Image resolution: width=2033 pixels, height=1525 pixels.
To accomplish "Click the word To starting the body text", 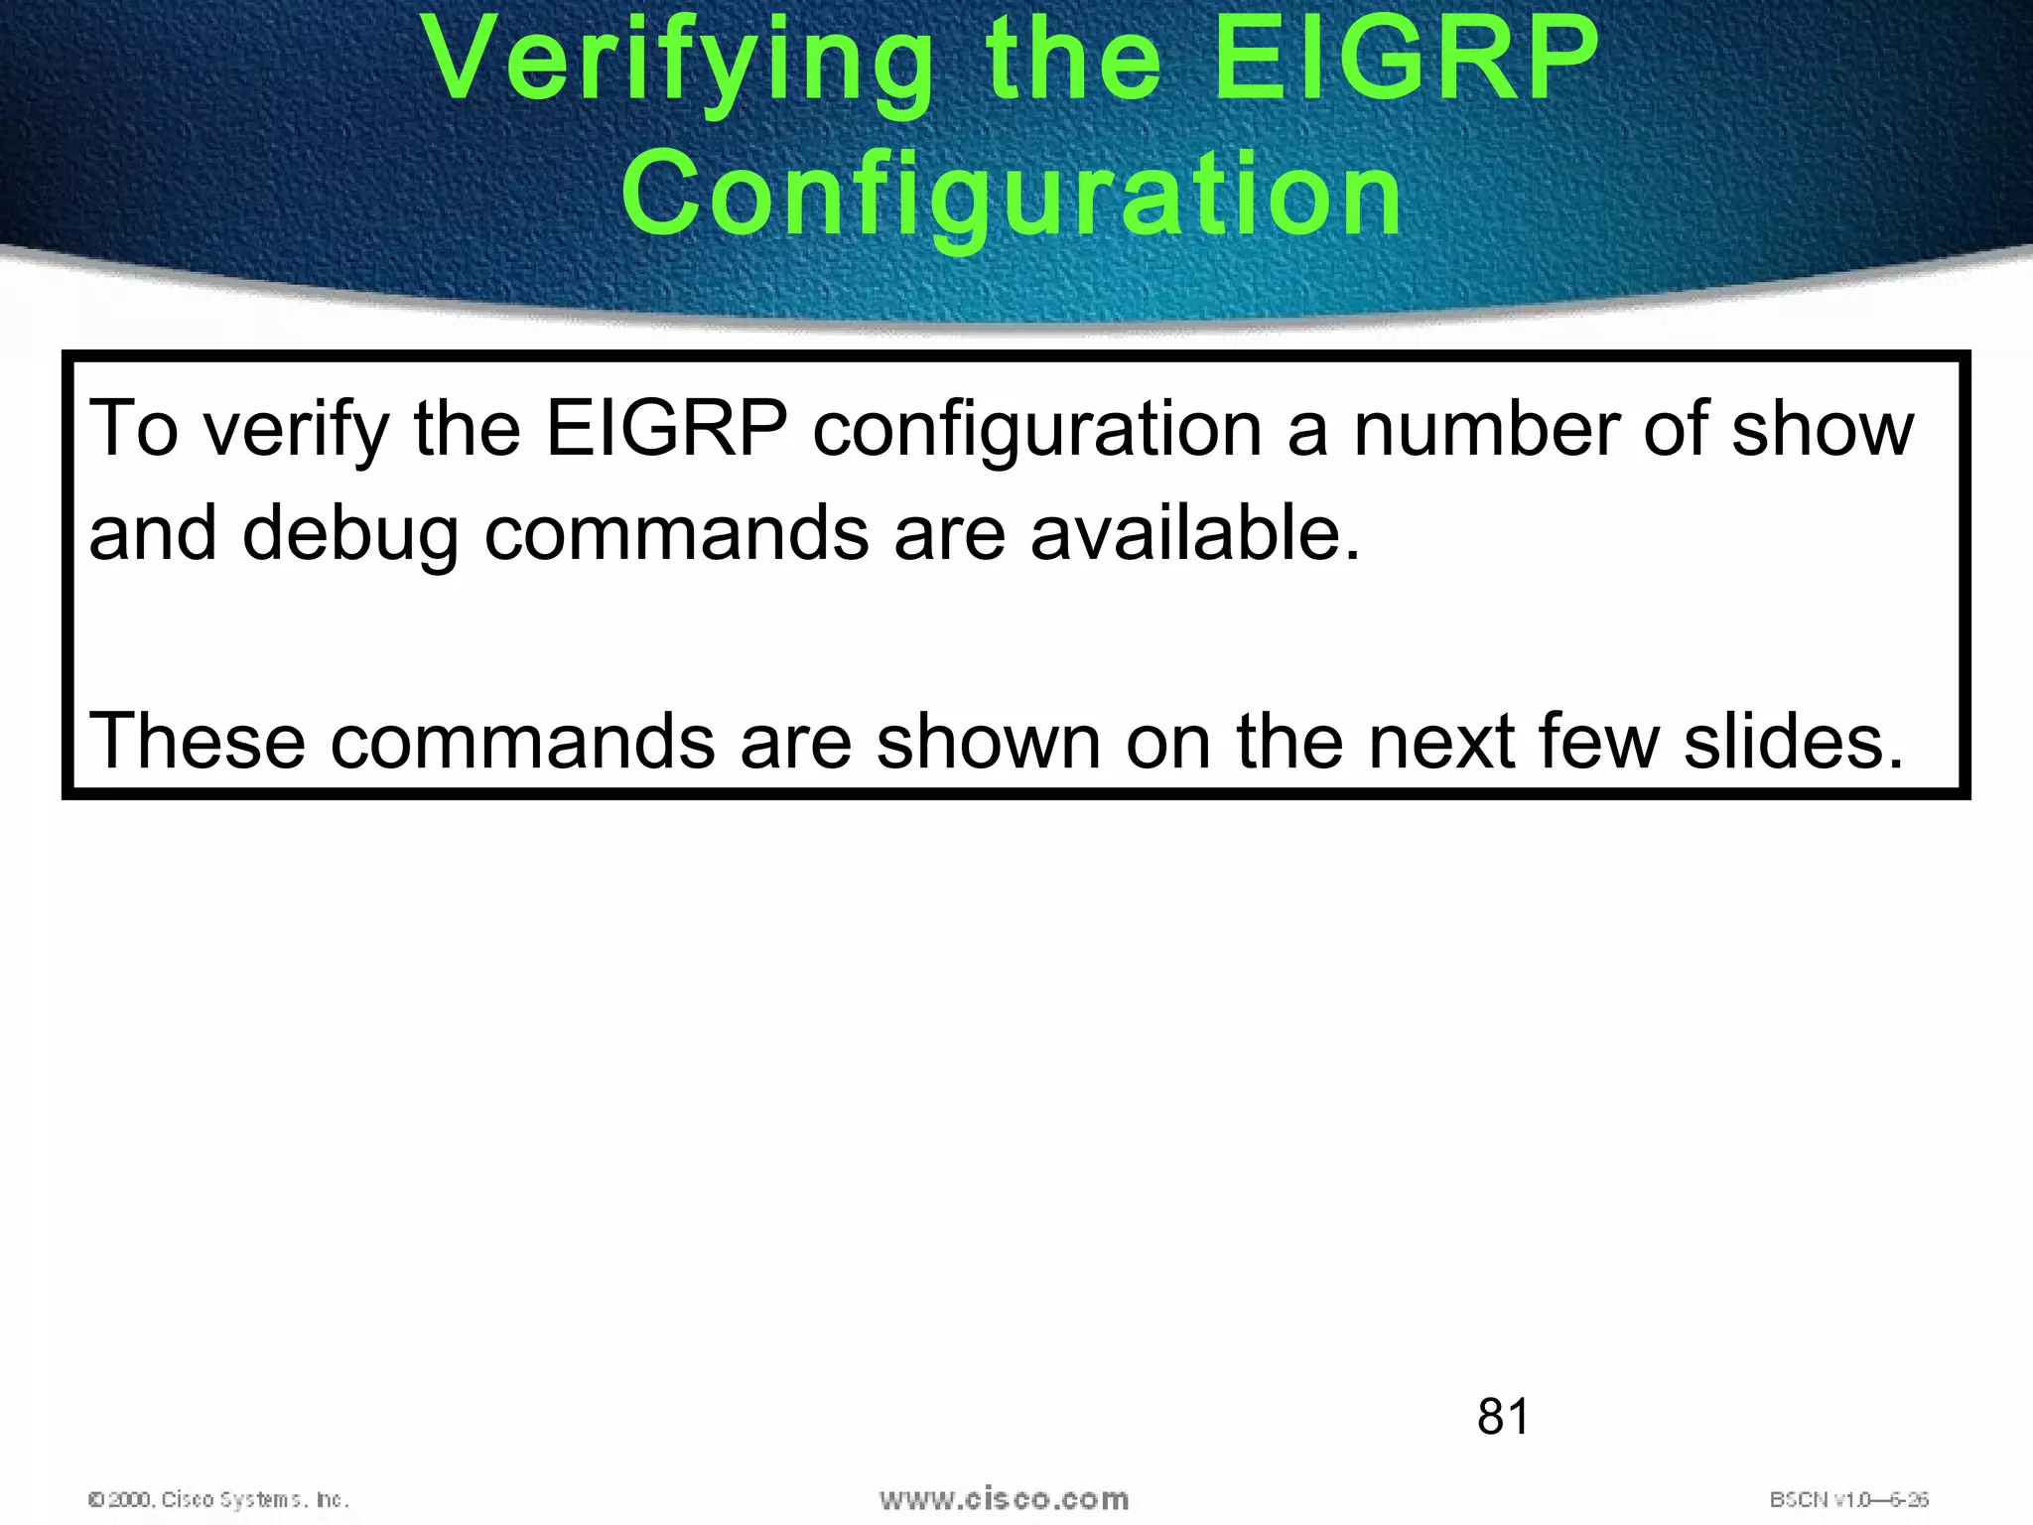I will pos(134,429).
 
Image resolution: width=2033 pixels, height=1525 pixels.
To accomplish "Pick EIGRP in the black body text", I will pos(666,429).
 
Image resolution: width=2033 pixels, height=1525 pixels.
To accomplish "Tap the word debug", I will pos(350,534).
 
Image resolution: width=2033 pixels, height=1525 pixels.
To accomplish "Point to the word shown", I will pos(988,741).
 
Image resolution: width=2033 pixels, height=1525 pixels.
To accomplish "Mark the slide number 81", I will pos(1503,1416).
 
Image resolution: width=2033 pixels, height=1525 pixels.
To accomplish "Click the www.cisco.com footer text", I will pos(1004,1498).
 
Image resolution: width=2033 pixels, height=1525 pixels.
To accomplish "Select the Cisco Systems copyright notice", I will pos(218,1499).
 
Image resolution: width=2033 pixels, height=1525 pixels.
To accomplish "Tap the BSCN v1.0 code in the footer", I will pos(1848,1499).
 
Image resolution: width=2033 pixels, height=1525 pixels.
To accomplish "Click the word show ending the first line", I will pos(1823,429).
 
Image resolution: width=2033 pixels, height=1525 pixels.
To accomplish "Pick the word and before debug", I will pos(152,532).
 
